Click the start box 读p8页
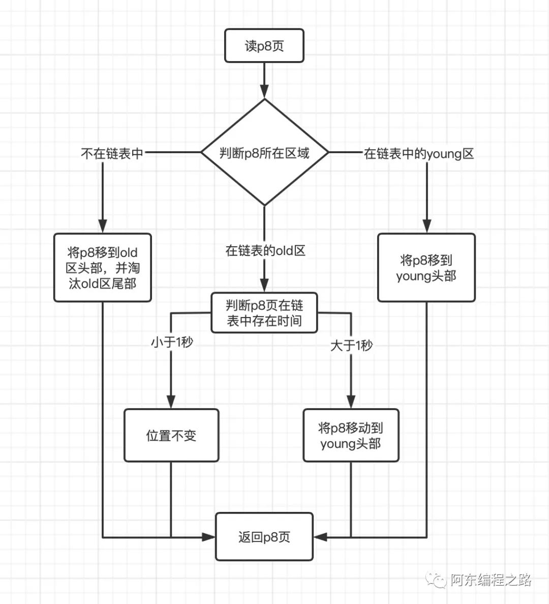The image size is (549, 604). (264, 46)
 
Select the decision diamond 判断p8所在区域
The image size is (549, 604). (264, 152)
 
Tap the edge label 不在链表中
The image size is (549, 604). (112, 153)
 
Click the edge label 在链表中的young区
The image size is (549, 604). (419, 154)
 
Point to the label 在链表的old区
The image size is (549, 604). (265, 250)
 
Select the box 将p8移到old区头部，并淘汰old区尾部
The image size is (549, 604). (103, 268)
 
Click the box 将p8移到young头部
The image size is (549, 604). (426, 268)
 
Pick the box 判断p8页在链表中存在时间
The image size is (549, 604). (264, 313)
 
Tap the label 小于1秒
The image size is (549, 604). (172, 342)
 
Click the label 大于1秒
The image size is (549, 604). (351, 346)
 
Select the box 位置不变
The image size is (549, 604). (171, 436)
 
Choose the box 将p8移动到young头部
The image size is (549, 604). (351, 436)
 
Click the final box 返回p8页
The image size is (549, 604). (264, 537)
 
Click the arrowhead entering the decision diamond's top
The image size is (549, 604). (264, 92)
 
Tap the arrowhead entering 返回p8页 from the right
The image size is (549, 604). (320, 537)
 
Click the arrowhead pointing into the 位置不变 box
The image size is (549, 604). (171, 402)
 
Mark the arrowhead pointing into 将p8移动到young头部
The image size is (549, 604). (351, 402)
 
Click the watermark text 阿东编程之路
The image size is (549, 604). (491, 580)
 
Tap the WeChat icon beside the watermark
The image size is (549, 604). (437, 580)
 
